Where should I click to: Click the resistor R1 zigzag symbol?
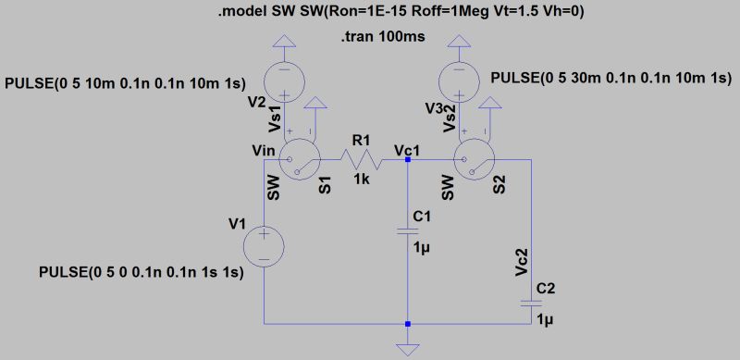(360, 160)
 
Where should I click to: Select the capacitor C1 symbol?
(408, 230)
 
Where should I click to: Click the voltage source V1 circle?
(265, 248)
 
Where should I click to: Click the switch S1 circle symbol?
(299, 160)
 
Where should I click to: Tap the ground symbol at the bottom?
(408, 348)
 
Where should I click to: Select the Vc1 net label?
(408, 148)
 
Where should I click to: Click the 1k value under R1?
(360, 180)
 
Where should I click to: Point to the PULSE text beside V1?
(141, 274)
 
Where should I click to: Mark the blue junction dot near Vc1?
(408, 160)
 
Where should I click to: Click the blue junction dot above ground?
(408, 324)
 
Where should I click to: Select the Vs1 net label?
(275, 117)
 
